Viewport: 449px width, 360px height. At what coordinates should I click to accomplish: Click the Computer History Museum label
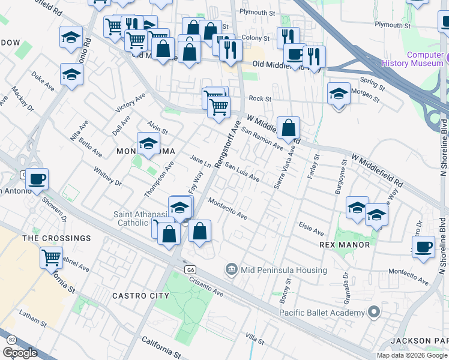[x=425, y=59]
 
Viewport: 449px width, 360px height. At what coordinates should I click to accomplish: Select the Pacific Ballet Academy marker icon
[x=374, y=313]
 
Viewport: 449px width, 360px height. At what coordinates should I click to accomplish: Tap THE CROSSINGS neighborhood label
[x=57, y=238]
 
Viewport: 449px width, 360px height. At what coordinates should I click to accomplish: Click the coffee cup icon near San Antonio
[x=37, y=178]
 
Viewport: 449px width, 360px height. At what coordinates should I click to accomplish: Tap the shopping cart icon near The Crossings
[x=52, y=257]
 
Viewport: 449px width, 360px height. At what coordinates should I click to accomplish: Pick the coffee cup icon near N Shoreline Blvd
[x=424, y=246]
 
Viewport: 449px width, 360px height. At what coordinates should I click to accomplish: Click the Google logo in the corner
[x=20, y=353]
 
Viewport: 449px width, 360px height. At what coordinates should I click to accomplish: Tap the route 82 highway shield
[x=11, y=340]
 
